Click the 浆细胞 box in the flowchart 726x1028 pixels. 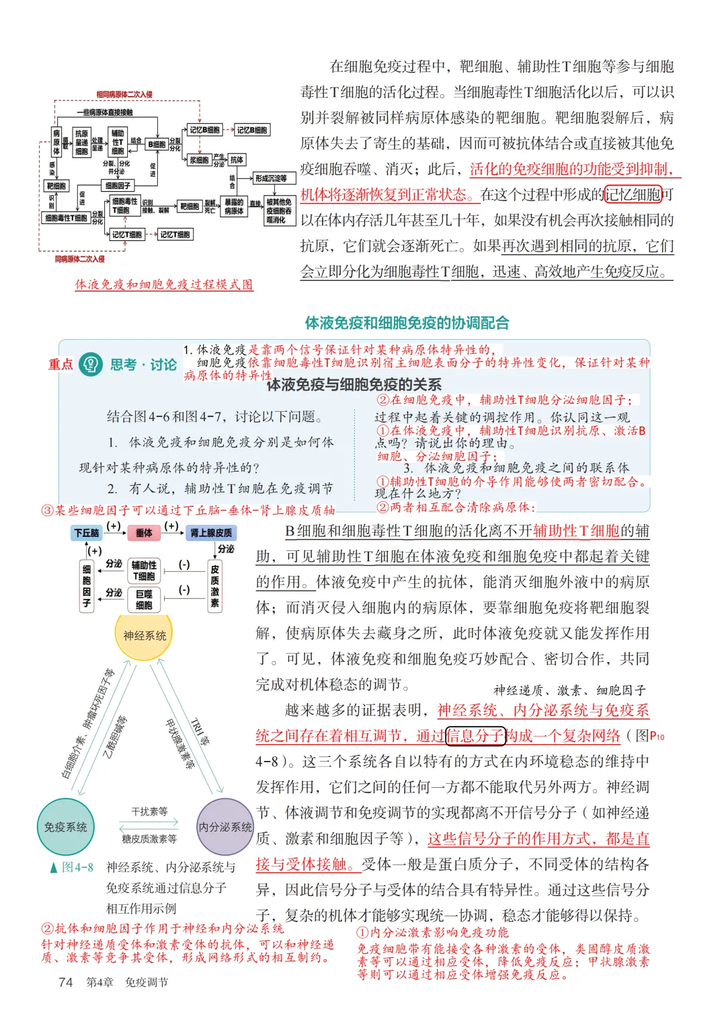(x=199, y=160)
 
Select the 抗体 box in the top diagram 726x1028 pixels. (x=237, y=159)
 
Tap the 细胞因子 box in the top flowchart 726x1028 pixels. (x=118, y=185)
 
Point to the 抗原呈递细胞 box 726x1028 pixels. (x=81, y=142)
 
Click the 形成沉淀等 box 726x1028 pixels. (x=271, y=178)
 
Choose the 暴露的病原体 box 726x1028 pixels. (x=234, y=207)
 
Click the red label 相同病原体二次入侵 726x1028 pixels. (x=124, y=94)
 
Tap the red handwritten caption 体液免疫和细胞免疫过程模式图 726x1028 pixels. (x=164, y=285)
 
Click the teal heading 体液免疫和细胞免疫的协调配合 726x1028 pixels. (x=407, y=323)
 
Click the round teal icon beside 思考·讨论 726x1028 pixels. (x=91, y=364)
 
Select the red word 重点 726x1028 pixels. (x=61, y=364)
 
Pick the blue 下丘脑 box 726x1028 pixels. (x=86, y=533)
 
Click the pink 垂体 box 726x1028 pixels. (x=144, y=533)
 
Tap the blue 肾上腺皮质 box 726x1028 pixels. (x=211, y=533)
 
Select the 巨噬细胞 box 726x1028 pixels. (x=144, y=599)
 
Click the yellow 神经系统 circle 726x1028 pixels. (x=145, y=635)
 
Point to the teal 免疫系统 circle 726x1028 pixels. (x=65, y=827)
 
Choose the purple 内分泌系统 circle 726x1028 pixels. (x=225, y=827)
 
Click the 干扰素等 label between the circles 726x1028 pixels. (x=149, y=811)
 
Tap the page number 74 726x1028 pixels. (x=65, y=982)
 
